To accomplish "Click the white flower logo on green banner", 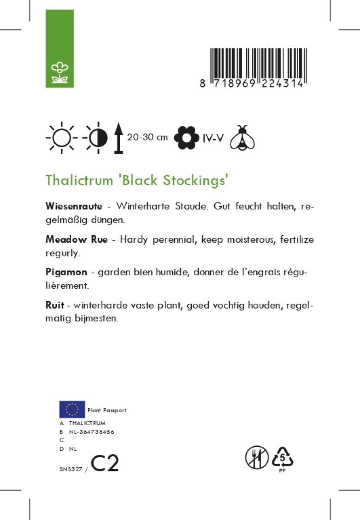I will pyautogui.click(x=60, y=72).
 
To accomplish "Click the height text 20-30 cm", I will pyautogui.click(x=147, y=137).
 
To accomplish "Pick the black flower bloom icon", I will pyautogui.click(x=187, y=138).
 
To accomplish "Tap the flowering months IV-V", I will pyautogui.click(x=213, y=138).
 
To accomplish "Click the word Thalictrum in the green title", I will pyautogui.click(x=79, y=180).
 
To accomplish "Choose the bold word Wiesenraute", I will pyautogui.click(x=74, y=206).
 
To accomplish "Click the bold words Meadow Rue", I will pyautogui.click(x=76, y=240).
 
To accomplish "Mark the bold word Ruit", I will pyautogui.click(x=55, y=305).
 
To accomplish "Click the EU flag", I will pyautogui.click(x=72, y=409).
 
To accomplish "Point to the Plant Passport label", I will pyautogui.click(x=107, y=410).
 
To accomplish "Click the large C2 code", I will pyautogui.click(x=105, y=464).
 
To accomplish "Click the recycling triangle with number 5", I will pyautogui.click(x=282, y=457).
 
